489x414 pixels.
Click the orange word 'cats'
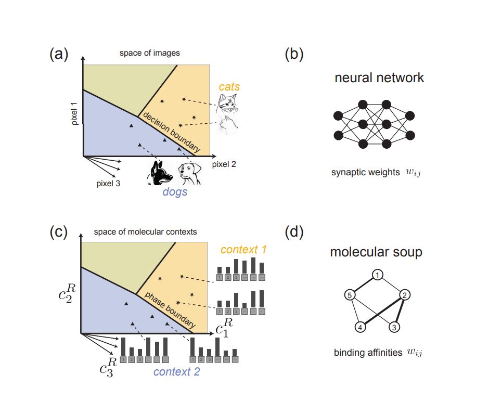[x=229, y=87]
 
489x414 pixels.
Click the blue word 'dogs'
[x=175, y=192]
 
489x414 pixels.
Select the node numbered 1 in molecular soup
[x=378, y=274]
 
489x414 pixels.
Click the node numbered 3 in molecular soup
[x=395, y=327]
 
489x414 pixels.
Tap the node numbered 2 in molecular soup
[x=404, y=295]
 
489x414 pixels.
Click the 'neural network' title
[x=379, y=78]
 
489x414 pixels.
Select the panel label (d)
[x=295, y=232]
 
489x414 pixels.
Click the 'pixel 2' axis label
[x=224, y=164]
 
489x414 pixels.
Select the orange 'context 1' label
[x=243, y=250]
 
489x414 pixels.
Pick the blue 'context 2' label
[x=177, y=371]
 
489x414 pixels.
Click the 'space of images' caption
[x=149, y=53]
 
